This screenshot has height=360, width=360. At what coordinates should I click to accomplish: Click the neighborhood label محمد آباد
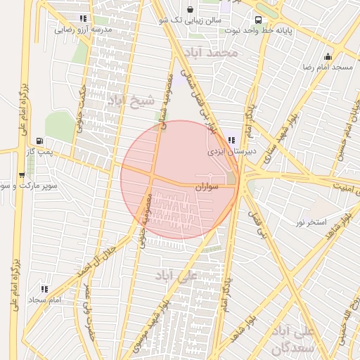click(210, 53)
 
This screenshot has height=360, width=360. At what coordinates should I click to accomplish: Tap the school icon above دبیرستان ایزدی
click(231, 140)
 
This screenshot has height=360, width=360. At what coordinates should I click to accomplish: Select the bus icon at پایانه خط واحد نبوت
click(258, 20)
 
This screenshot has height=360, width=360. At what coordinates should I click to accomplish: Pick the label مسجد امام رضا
click(328, 67)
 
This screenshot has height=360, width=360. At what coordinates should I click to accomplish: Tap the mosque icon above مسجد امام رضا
click(328, 56)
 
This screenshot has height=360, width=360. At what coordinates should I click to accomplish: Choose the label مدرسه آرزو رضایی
click(82, 30)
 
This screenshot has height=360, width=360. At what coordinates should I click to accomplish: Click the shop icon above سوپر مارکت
click(22, 176)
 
